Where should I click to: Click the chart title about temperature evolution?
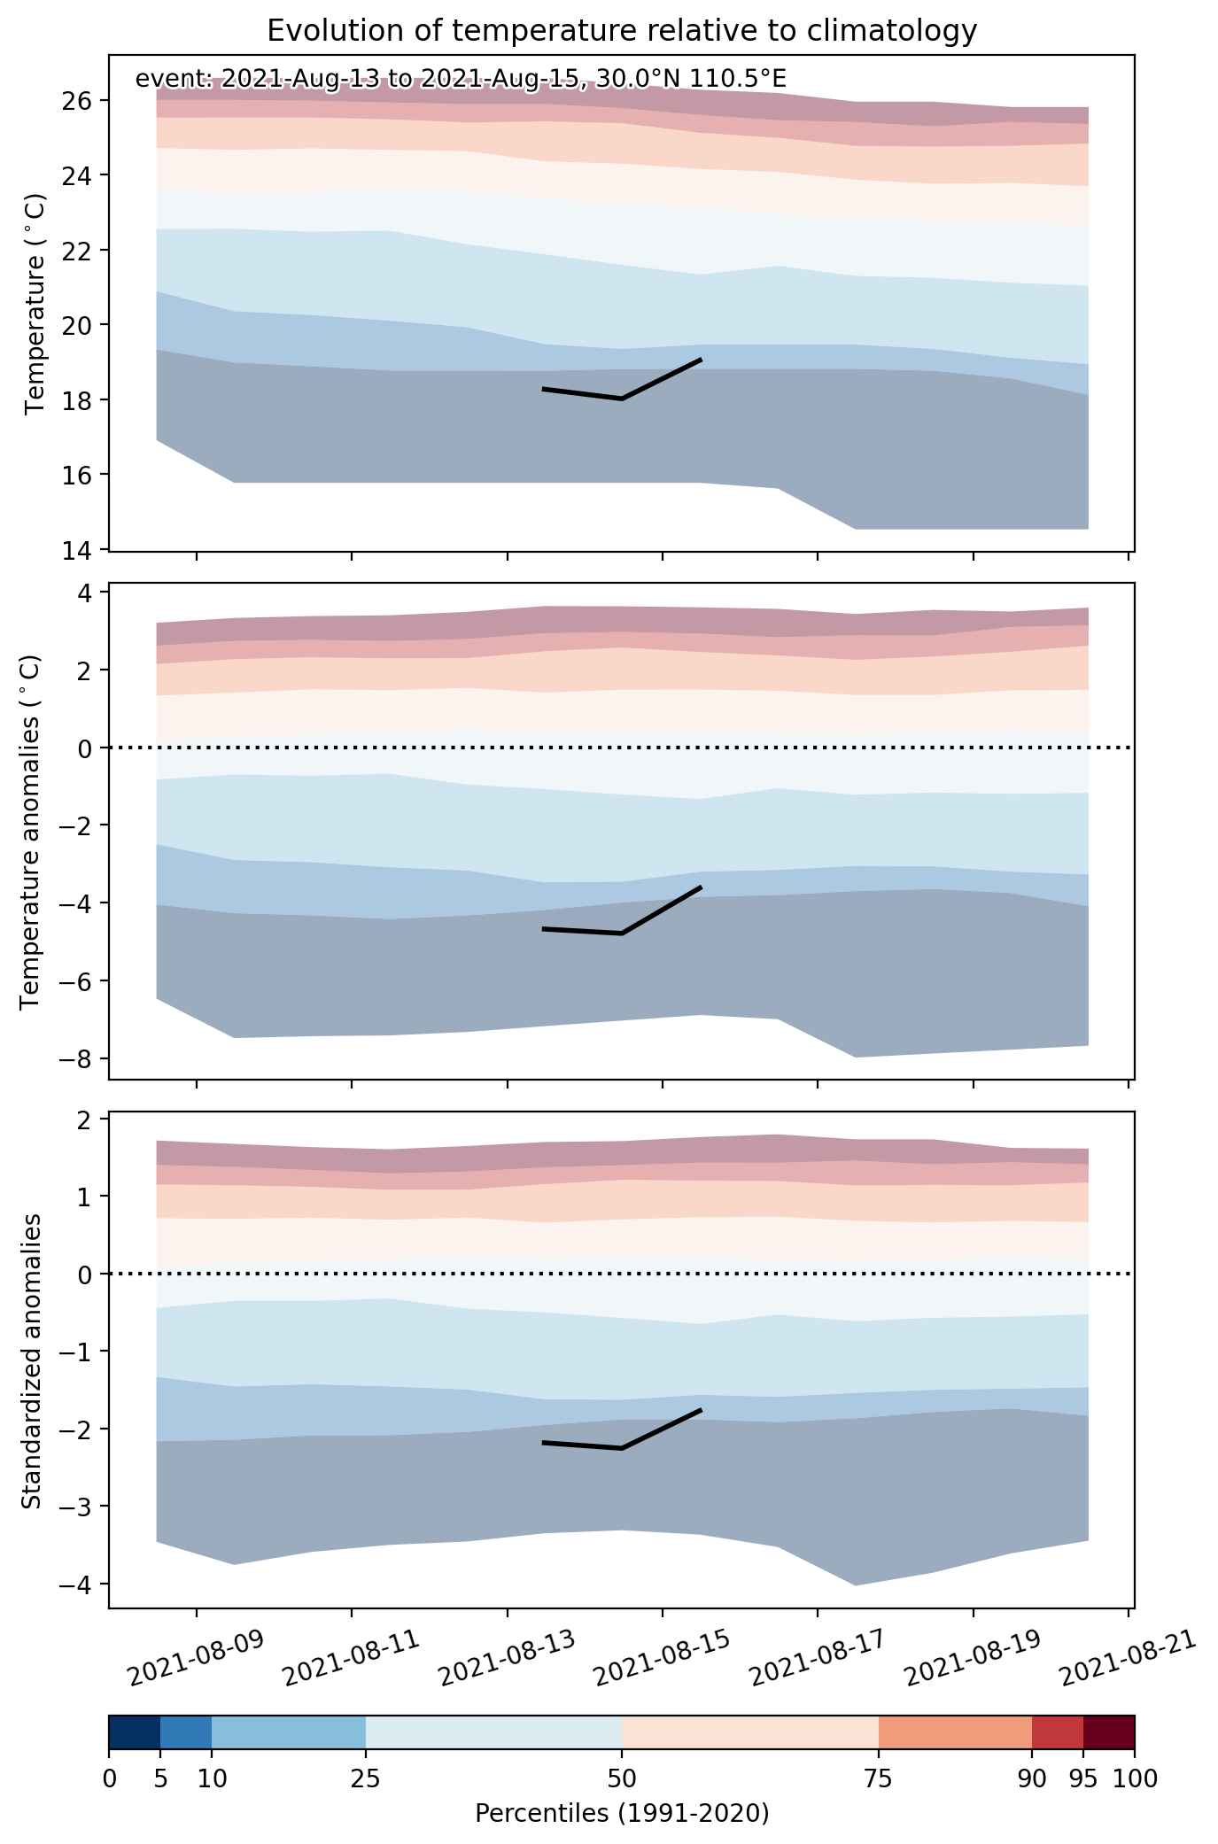click(x=622, y=31)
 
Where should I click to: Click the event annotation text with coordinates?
click(x=461, y=80)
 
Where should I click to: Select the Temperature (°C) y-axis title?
click(x=35, y=303)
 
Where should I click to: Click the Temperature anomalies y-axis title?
click(x=31, y=832)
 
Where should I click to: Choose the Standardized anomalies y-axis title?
click(x=31, y=1361)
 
